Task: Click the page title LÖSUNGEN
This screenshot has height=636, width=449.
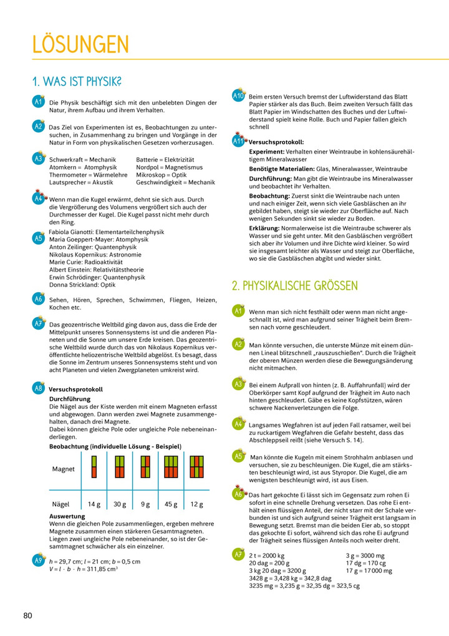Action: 81,45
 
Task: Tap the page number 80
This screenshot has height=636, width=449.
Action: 27,615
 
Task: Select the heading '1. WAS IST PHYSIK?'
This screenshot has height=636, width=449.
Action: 77,82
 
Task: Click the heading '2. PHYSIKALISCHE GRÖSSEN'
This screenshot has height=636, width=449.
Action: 295,286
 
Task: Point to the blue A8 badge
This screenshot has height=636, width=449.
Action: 39,388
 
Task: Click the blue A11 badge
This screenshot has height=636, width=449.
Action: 238,141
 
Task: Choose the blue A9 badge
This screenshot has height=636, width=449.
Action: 39,560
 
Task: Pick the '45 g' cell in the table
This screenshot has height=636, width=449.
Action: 169,504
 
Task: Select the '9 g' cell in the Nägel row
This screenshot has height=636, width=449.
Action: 145,504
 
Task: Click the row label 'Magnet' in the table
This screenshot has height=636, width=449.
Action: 64,469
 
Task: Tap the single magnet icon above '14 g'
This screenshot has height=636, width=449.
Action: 94,466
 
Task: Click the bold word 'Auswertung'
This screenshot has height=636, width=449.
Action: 67,517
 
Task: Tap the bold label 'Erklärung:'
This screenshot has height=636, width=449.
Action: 268,229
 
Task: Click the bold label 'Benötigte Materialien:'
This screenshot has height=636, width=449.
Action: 284,169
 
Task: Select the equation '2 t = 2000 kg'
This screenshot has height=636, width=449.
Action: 267,555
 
